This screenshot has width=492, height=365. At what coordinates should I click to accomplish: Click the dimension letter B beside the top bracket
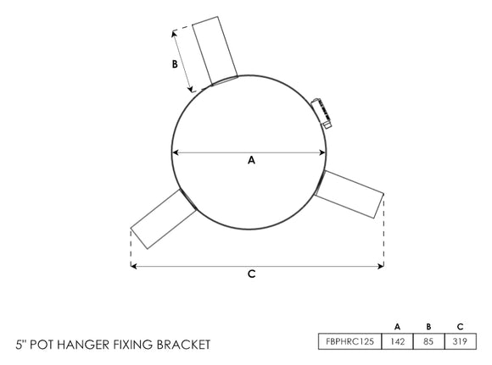(x=175, y=64)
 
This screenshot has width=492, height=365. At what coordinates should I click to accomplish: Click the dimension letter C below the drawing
(x=252, y=274)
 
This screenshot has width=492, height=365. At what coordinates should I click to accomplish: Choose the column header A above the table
(x=397, y=326)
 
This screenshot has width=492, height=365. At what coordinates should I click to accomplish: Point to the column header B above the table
(x=428, y=326)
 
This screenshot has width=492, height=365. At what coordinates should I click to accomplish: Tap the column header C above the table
(x=460, y=326)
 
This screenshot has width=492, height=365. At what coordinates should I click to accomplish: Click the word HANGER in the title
(x=89, y=345)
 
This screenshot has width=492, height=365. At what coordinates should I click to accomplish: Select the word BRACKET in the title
(x=181, y=345)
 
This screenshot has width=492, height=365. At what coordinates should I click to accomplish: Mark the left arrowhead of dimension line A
(x=176, y=152)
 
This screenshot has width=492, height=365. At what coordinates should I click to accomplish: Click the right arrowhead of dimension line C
(x=381, y=266)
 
